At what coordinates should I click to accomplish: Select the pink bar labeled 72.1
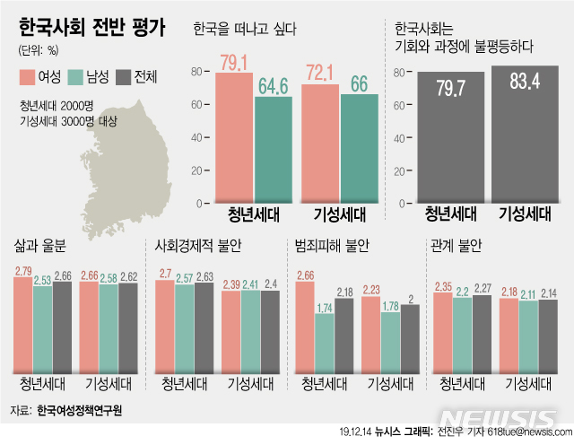coord(320,144)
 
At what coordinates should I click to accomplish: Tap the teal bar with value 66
coord(359,148)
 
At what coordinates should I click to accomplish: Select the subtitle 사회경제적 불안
coord(199,244)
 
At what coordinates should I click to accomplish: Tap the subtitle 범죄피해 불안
coord(332,244)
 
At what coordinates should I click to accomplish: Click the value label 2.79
coord(24,271)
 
